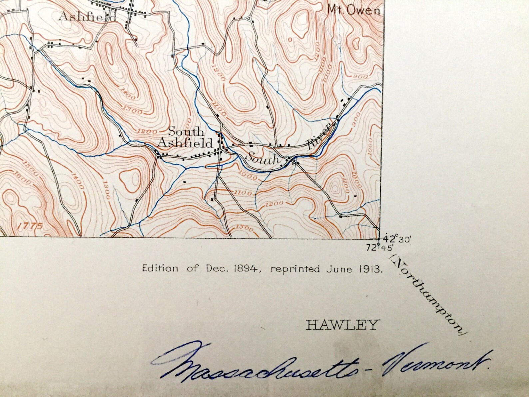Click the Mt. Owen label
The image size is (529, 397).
[353, 10]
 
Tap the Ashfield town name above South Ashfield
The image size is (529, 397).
[88, 16]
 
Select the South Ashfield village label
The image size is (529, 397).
[185, 137]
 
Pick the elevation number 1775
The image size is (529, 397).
[30, 226]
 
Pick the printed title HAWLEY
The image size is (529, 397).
[343, 324]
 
